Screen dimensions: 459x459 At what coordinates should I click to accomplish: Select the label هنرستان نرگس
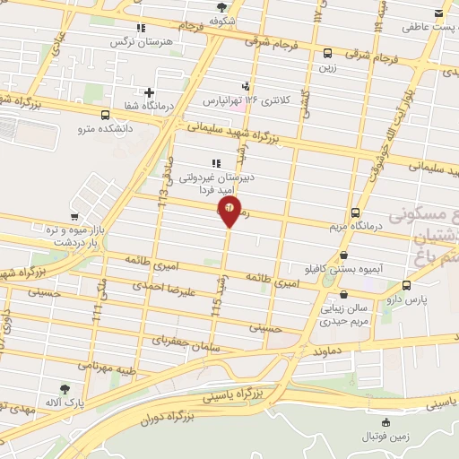tap(131, 42)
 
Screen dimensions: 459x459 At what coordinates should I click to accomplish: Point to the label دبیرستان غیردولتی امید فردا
tap(215, 182)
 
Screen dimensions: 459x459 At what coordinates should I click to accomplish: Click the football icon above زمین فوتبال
tap(385, 421)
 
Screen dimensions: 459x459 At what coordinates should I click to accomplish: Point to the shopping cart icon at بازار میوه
tap(75, 216)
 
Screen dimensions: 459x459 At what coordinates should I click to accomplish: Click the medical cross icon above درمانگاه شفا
tap(149, 91)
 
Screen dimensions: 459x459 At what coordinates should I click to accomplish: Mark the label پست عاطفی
tap(416, 27)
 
